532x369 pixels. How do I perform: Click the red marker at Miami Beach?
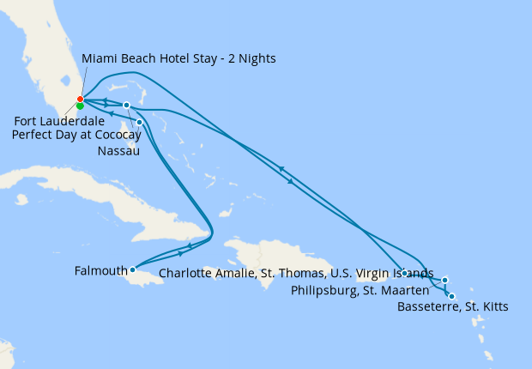[x=80, y=100]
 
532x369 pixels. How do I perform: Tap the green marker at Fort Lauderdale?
[x=80, y=106]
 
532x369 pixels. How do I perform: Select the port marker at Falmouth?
[x=132, y=269]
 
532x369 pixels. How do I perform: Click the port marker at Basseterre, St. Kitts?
[x=451, y=297]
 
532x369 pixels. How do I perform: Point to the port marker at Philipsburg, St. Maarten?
[x=444, y=280]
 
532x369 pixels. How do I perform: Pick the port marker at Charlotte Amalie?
[x=404, y=273]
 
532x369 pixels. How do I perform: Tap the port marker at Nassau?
[x=140, y=122]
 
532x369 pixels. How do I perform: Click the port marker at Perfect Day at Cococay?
[x=126, y=106]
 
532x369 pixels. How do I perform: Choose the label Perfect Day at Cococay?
[x=77, y=135]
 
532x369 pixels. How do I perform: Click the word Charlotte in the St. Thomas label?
[x=186, y=275]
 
